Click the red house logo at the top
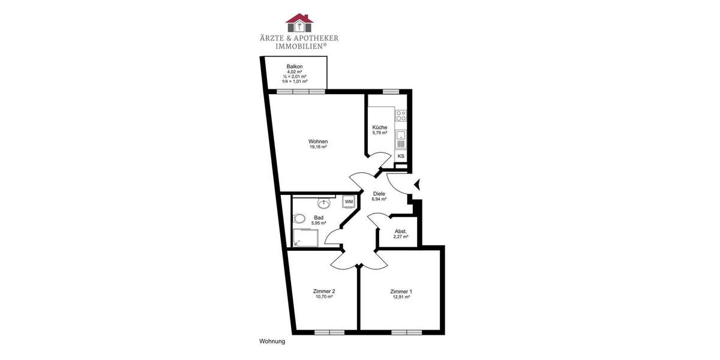click(x=299, y=22)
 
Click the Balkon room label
click(x=294, y=66)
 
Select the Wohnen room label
click(x=318, y=142)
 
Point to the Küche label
click(x=379, y=127)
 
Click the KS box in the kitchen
click(x=401, y=156)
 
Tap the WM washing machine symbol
click(x=349, y=202)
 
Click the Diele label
click(x=379, y=194)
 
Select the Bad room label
click(x=319, y=218)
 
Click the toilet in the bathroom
click(x=300, y=218)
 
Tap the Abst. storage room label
click(x=401, y=232)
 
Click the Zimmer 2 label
click(x=324, y=292)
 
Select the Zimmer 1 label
click(x=401, y=292)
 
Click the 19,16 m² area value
click(x=318, y=147)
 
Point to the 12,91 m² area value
click(x=401, y=297)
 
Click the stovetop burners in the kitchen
click(x=401, y=115)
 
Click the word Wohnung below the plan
click(x=272, y=341)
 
